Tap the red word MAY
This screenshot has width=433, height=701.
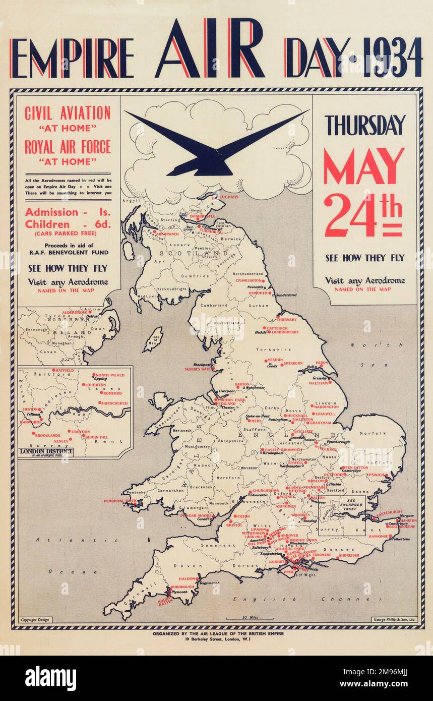pos(364,166)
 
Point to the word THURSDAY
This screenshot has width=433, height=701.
pos(365,125)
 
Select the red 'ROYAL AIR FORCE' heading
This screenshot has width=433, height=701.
pos(68,147)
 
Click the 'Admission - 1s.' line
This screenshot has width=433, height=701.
pos(68,212)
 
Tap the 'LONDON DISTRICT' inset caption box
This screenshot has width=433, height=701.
pos(46,452)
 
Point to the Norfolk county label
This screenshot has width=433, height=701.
pos(373,433)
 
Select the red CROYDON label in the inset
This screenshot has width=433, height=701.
pos(80,432)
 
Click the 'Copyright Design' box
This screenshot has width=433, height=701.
pos(35,620)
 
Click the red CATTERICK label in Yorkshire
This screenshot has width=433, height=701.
pos(277,328)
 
